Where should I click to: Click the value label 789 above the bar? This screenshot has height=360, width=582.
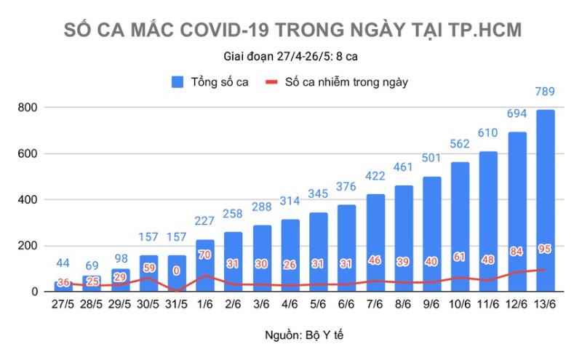pos(545,92)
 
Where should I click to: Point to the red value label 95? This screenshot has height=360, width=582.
pos(545,249)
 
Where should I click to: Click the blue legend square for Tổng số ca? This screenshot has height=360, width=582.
pos(178,82)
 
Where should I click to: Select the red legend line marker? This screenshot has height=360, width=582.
pos(271,82)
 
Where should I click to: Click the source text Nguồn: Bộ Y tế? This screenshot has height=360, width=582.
pos(291,335)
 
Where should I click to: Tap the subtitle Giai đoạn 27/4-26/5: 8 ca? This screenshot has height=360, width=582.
pos(290,56)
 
